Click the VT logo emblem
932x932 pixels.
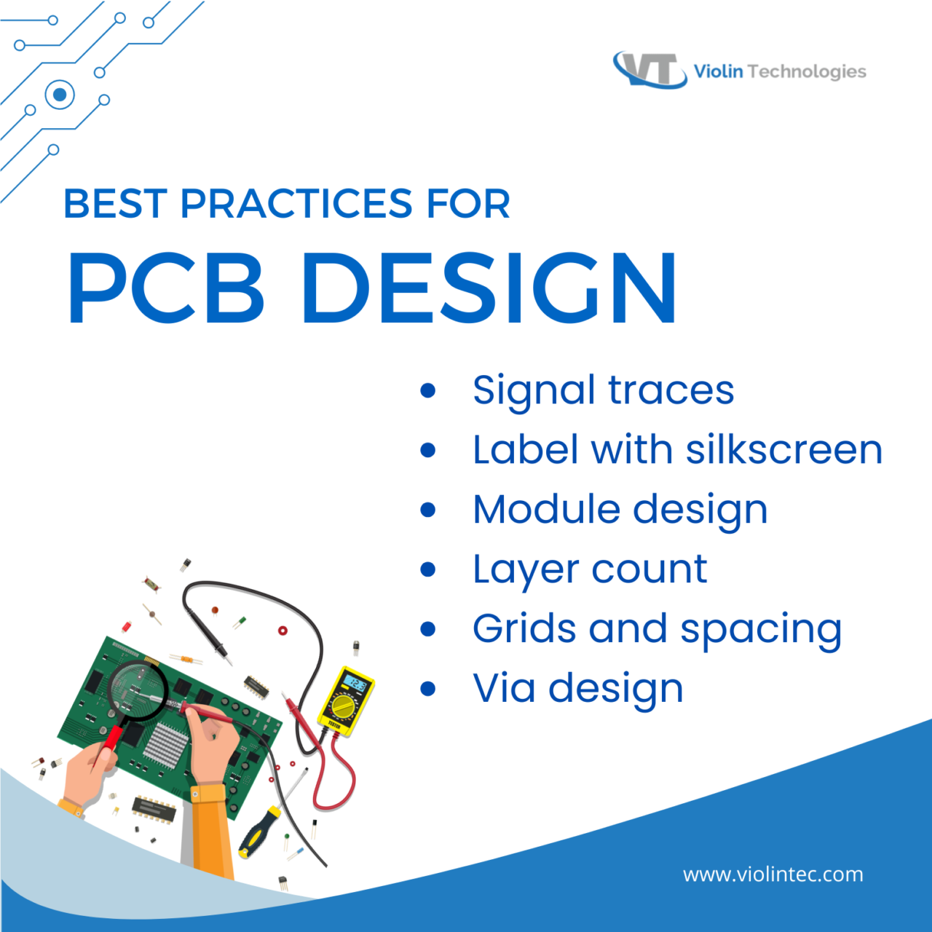click(649, 70)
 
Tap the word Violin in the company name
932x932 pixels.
click(718, 71)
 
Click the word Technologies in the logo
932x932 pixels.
click(807, 71)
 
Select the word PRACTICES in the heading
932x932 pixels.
click(295, 204)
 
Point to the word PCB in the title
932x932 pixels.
click(166, 288)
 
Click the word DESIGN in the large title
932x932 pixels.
click(489, 288)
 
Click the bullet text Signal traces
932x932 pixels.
click(603, 390)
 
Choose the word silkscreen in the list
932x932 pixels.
click(784, 449)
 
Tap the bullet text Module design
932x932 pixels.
click(620, 509)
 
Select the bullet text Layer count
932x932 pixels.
click(590, 569)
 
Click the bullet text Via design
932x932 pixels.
click(578, 688)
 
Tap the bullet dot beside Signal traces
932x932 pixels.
click(428, 390)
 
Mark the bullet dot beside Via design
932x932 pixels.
click(428, 688)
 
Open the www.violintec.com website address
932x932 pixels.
click(773, 874)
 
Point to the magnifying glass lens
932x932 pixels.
click(136, 689)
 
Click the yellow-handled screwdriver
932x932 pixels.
click(258, 831)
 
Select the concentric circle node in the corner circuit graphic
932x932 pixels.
click(60, 95)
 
